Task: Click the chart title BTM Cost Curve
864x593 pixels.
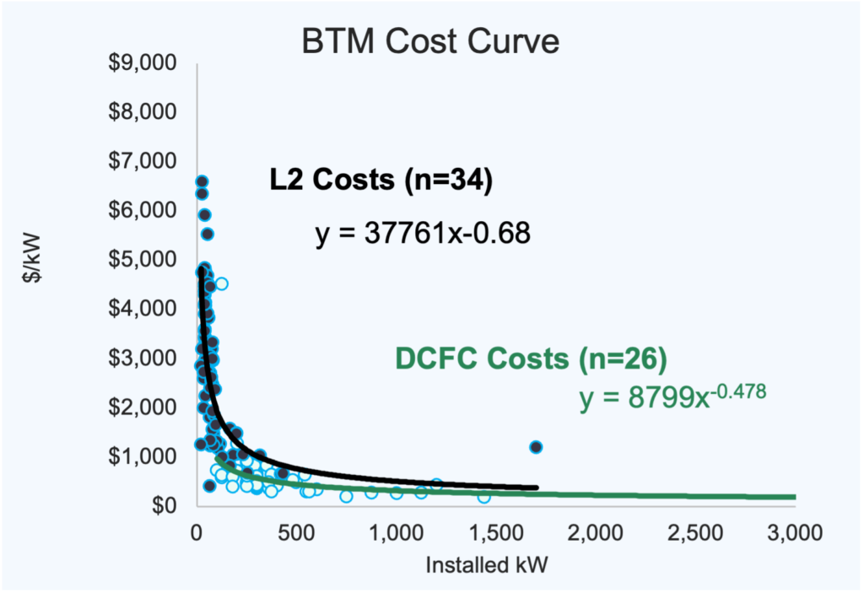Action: pyautogui.click(x=431, y=40)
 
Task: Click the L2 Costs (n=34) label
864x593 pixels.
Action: pyautogui.click(x=375, y=181)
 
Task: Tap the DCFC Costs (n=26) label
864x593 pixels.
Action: pyautogui.click(x=531, y=358)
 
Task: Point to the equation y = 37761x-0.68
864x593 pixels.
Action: pyautogui.click(x=423, y=233)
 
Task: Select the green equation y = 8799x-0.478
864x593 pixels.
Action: pyautogui.click(x=672, y=397)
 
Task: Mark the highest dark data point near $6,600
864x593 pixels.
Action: pyautogui.click(x=202, y=181)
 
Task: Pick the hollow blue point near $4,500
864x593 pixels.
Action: pyautogui.click(x=221, y=283)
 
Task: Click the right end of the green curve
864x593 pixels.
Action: pyautogui.click(x=794, y=497)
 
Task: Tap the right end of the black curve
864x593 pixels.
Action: pyautogui.click(x=536, y=488)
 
